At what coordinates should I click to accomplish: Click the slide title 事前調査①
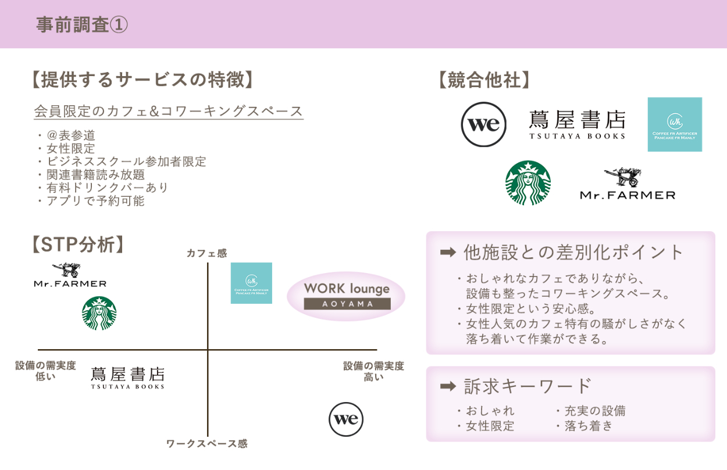tap(82, 25)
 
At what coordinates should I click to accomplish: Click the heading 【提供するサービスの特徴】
tap(142, 80)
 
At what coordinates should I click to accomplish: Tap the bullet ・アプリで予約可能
tap(90, 201)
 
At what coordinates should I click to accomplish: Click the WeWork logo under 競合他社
tap(483, 124)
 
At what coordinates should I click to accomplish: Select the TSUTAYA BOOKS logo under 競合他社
tap(577, 124)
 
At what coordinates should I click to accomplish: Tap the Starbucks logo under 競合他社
tap(528, 183)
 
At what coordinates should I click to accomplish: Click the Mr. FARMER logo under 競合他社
tap(628, 184)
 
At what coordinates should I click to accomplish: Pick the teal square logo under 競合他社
tap(675, 124)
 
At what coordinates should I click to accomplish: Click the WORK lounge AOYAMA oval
tap(346, 296)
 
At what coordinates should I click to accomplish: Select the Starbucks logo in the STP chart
tap(99, 313)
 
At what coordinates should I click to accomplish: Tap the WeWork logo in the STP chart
tap(346, 419)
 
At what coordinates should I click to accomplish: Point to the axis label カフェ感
tap(206, 253)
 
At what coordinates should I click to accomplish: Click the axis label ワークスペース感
tap(206, 444)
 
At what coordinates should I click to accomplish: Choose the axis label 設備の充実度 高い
tap(373, 371)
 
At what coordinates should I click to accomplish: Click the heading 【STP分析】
tap(78, 245)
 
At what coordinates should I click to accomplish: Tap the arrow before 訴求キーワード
tap(447, 386)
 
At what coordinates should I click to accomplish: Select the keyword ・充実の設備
tap(590, 411)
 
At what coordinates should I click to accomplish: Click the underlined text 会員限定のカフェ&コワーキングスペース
tap(169, 111)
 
